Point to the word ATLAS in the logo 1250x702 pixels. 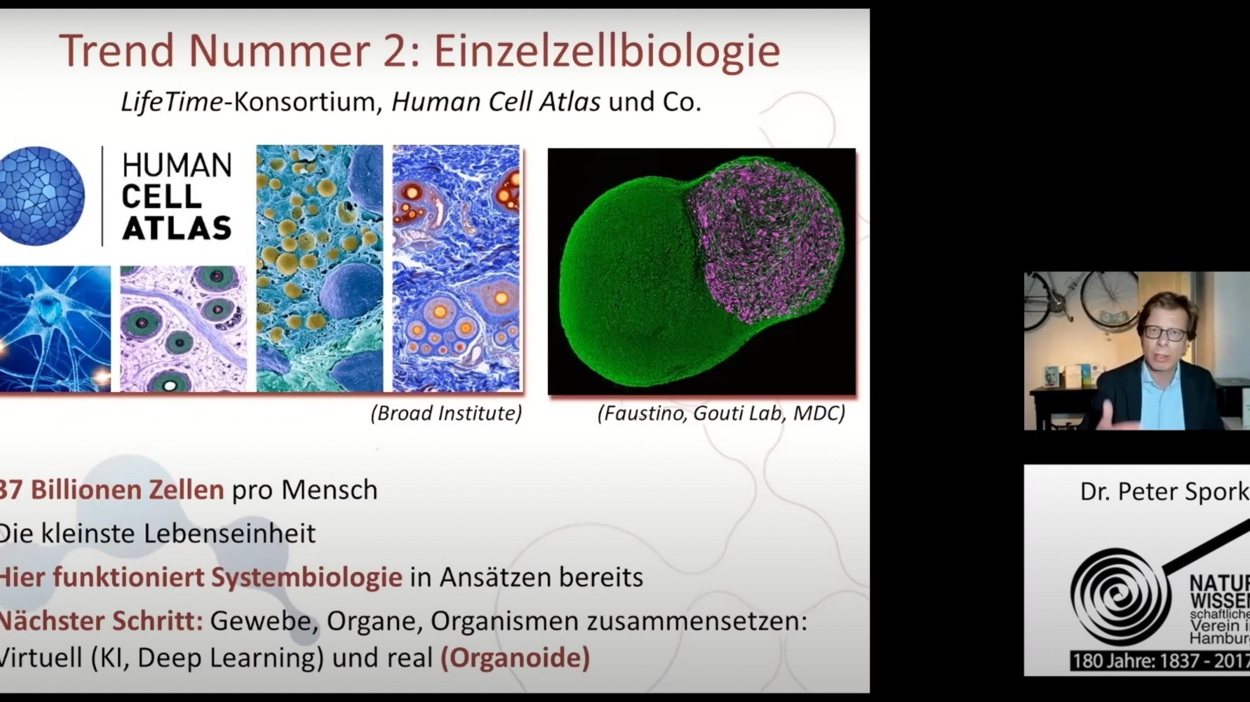tap(177, 228)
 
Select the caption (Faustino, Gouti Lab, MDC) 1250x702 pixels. tap(721, 413)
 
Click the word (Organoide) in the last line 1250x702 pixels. tap(515, 658)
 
